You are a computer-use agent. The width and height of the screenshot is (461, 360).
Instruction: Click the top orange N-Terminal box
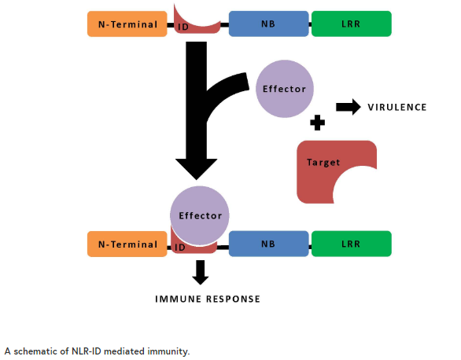[x=127, y=24]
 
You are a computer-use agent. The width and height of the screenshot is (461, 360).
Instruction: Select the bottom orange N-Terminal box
[x=127, y=244]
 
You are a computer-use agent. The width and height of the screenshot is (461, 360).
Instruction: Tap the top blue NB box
[x=269, y=24]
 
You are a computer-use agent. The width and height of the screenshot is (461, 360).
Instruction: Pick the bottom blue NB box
[x=269, y=244]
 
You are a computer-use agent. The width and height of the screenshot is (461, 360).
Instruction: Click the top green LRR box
[x=352, y=24]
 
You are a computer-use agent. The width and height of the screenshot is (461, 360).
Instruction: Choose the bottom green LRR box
[x=352, y=244]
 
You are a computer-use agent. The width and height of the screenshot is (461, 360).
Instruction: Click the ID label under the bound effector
[x=179, y=248]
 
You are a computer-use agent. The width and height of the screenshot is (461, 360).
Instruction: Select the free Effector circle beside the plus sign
[x=285, y=89]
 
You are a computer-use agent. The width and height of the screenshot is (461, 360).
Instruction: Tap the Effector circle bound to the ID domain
[x=200, y=215]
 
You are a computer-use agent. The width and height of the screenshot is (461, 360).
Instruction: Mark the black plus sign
[x=318, y=123]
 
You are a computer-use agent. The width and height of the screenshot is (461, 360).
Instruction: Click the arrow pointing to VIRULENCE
[x=349, y=107]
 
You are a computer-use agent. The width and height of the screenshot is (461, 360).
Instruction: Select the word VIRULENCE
[x=397, y=107]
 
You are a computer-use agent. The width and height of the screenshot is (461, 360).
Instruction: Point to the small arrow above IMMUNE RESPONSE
[x=201, y=273]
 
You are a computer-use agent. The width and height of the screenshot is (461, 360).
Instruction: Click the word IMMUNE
[x=178, y=299]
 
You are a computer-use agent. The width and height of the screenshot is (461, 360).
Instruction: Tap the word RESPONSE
[x=233, y=299]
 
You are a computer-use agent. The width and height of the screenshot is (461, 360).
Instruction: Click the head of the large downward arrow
[x=197, y=169]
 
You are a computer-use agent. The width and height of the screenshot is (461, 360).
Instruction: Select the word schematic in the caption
[x=35, y=351]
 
